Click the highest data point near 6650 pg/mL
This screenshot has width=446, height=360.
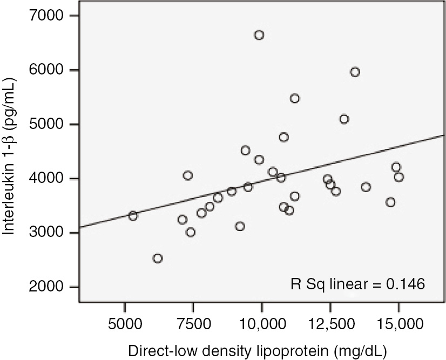pos(259,35)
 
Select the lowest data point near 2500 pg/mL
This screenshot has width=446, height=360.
pos(158,259)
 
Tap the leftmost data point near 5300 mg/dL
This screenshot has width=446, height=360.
pos(133,216)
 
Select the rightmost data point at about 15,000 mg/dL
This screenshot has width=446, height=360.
pos(399,177)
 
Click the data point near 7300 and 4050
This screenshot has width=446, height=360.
pos(188,175)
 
